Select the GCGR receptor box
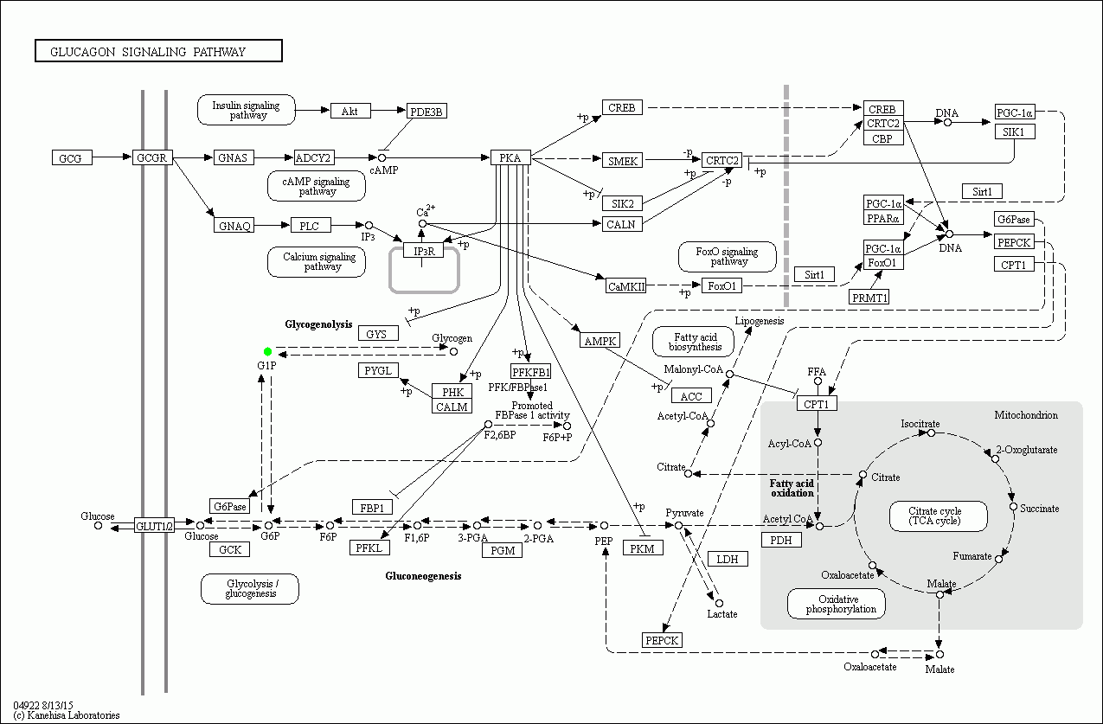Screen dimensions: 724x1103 (153, 157)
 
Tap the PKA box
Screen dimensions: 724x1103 (510, 157)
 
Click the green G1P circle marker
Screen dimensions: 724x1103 (268, 351)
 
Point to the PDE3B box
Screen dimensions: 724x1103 (426, 111)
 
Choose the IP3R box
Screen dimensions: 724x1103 (423, 251)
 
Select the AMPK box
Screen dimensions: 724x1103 (600, 341)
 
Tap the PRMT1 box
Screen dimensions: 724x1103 (870, 297)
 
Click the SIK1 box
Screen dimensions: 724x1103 (1014, 131)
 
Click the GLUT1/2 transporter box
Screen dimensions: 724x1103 (154, 525)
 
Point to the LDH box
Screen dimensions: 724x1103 (728, 559)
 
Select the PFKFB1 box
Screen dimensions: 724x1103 (530, 371)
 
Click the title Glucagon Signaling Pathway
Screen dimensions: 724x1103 (158, 51)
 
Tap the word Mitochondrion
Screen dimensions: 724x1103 (1026, 415)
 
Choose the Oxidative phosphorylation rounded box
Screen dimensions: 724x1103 (836, 604)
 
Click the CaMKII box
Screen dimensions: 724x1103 (625, 286)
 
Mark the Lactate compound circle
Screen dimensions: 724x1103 (718, 603)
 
